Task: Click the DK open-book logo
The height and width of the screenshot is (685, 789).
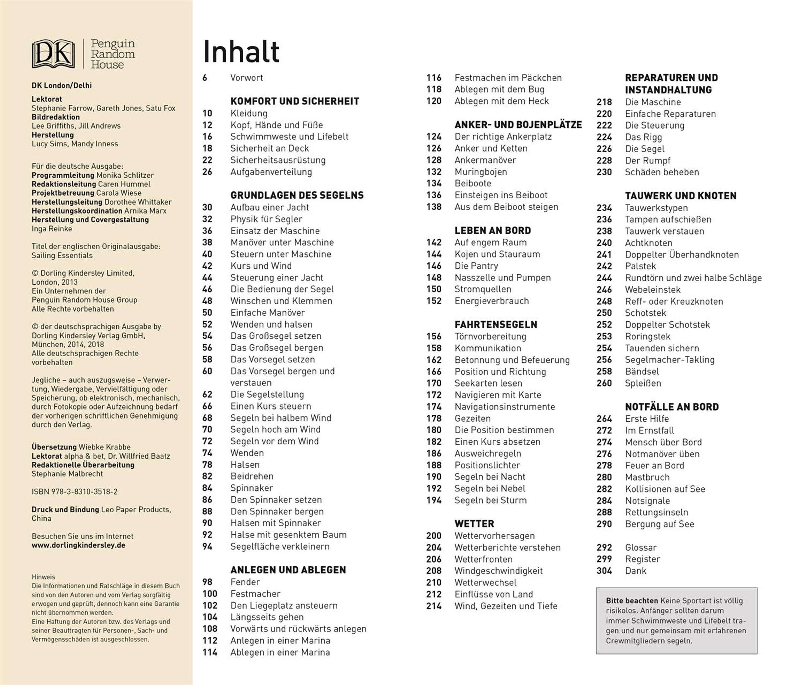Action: (x=53, y=54)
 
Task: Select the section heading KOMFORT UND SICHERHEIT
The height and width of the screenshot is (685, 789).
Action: (x=295, y=101)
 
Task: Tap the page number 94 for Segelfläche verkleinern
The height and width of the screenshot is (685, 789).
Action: (x=207, y=546)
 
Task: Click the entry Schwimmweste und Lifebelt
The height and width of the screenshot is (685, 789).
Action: (x=289, y=136)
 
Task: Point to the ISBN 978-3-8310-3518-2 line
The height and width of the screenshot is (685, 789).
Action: (x=75, y=492)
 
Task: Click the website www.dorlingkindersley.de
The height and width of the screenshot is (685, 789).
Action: (x=78, y=545)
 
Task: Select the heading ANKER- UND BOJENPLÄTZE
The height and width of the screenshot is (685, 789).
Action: (x=518, y=125)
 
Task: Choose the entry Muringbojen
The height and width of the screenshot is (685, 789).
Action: (x=481, y=172)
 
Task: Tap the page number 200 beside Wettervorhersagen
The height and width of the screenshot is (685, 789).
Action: (x=434, y=536)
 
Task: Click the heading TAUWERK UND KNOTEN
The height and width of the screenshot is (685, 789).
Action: (x=681, y=196)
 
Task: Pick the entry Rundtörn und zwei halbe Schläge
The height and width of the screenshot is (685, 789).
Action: (x=693, y=278)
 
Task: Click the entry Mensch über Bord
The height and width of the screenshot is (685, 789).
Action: (x=663, y=442)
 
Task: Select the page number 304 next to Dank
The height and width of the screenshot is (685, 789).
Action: (x=604, y=571)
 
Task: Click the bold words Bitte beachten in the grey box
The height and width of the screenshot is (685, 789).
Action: (x=632, y=600)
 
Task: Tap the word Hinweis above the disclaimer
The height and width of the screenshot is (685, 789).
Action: (x=43, y=577)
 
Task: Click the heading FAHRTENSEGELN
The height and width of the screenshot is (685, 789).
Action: (x=495, y=325)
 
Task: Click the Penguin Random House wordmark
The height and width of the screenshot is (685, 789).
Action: (x=113, y=54)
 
